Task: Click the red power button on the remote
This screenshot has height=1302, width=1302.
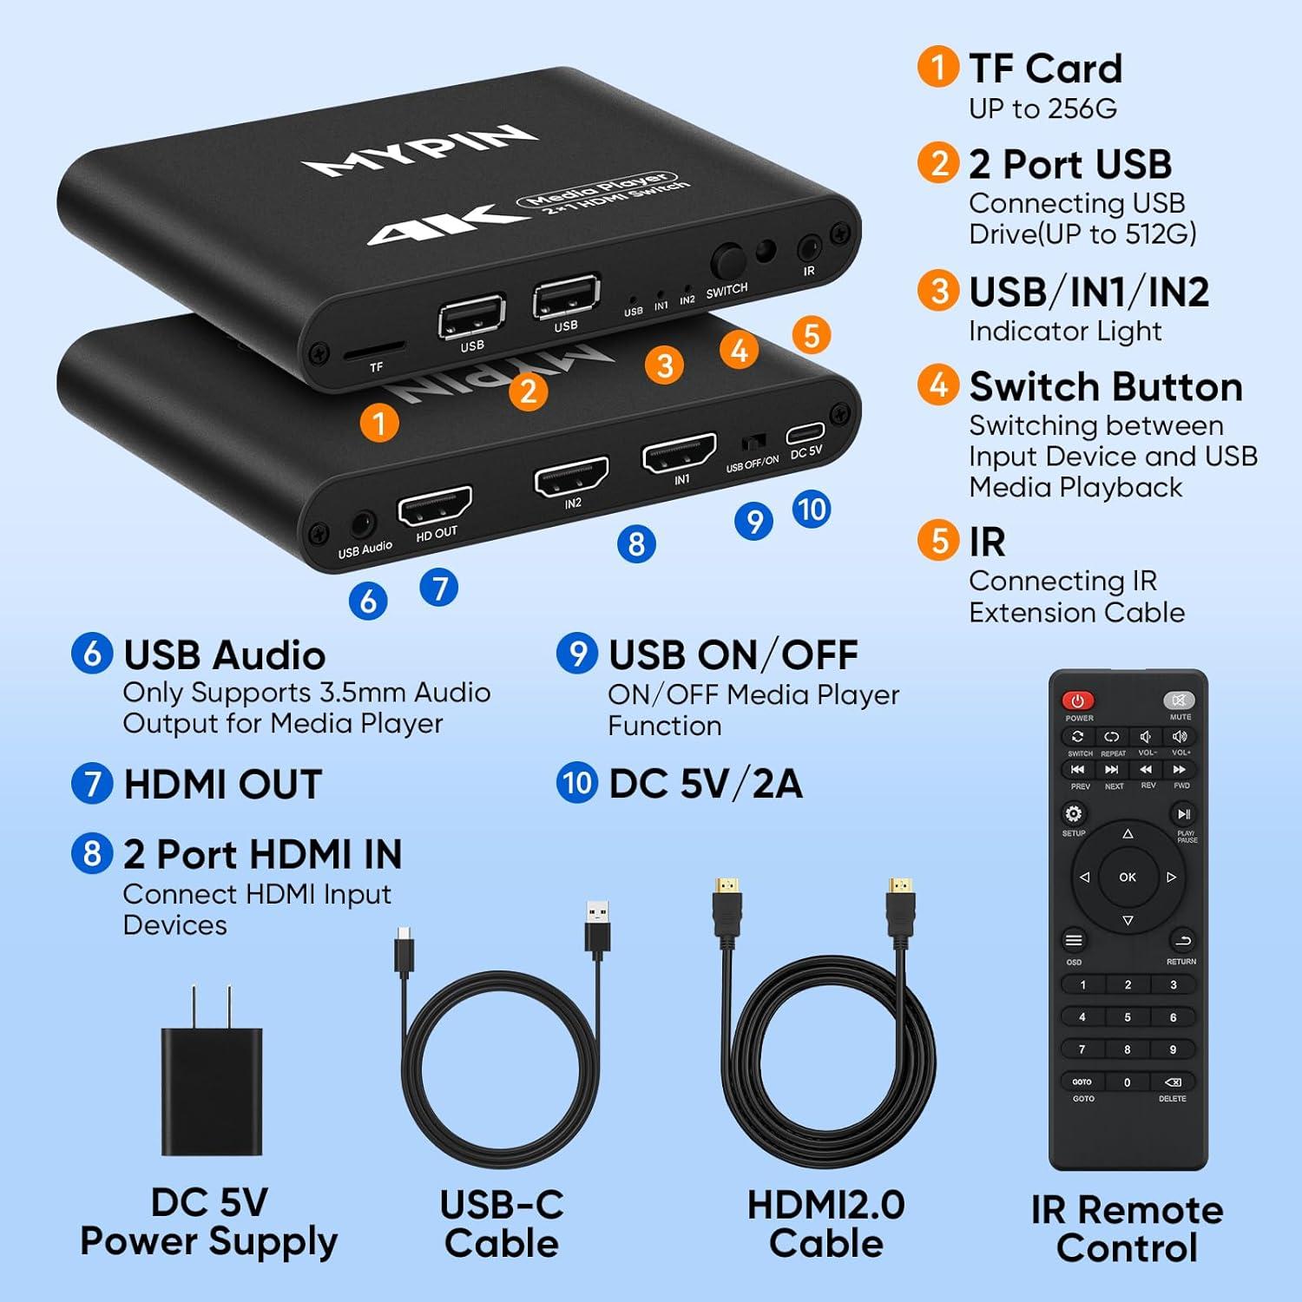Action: click(x=1077, y=700)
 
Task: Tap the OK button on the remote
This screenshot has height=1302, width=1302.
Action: click(x=1128, y=878)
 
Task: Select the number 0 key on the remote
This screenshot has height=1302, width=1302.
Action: click(x=1128, y=1082)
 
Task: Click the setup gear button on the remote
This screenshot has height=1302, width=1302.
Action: click(x=1074, y=814)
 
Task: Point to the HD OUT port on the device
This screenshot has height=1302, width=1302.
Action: click(x=435, y=505)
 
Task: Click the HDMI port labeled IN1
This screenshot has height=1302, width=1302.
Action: click(x=679, y=453)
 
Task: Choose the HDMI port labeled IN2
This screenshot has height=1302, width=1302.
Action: click(x=571, y=476)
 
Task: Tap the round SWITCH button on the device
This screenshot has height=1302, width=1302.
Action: click(x=727, y=261)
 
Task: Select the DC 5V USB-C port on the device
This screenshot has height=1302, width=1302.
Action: click(x=806, y=432)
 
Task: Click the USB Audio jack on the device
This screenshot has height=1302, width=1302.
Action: click(x=361, y=525)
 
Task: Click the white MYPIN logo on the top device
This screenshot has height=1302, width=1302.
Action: click(x=419, y=150)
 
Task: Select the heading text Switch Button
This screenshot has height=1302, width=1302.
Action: click(x=1105, y=387)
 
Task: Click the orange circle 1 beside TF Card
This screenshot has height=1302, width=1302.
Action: click(x=937, y=68)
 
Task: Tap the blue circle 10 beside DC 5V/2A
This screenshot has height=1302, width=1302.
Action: click(x=576, y=783)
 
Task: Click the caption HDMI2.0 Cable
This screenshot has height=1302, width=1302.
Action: click(x=825, y=1224)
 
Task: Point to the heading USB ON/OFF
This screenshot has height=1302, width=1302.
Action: click(x=733, y=655)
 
